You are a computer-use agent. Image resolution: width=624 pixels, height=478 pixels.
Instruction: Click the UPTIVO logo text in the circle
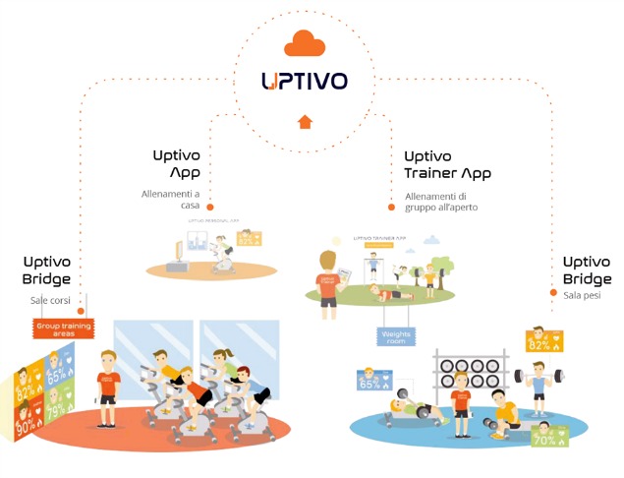tap(304, 81)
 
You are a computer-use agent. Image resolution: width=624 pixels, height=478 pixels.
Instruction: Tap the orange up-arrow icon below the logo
tap(305, 122)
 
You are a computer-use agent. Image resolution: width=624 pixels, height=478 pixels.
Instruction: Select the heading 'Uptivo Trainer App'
tap(447, 164)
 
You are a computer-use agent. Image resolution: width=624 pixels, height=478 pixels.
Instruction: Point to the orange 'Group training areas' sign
tap(62, 329)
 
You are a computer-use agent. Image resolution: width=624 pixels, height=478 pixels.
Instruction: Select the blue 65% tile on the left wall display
tap(60, 374)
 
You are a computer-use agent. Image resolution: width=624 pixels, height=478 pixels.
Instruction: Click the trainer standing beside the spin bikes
tap(108, 385)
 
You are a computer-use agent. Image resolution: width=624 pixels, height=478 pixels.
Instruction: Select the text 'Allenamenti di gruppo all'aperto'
tap(442, 202)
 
